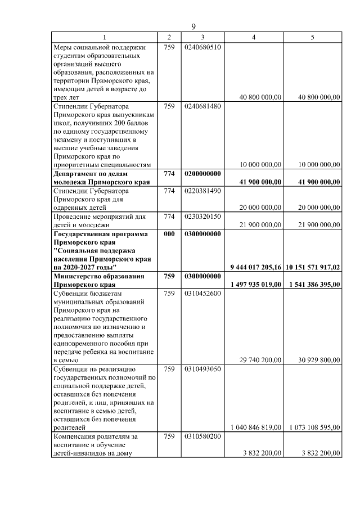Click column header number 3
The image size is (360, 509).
pyautogui.click(x=202, y=37)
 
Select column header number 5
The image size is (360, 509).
pyautogui.click(x=312, y=37)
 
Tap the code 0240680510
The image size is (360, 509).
pyautogui.click(x=202, y=47)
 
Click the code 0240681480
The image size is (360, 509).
pyautogui.click(x=202, y=106)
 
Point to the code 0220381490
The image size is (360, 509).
pyautogui.click(x=202, y=191)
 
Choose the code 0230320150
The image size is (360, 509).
pyautogui.click(x=202, y=216)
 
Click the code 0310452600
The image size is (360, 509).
pyautogui.click(x=202, y=292)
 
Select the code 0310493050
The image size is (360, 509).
pyautogui.click(x=202, y=368)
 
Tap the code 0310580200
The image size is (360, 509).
pyautogui.click(x=202, y=436)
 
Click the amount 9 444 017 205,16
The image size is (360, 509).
pyautogui.click(x=256, y=267)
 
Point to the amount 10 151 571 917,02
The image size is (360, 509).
pyautogui.click(x=313, y=267)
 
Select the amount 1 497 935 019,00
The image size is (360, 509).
pyautogui.click(x=256, y=284)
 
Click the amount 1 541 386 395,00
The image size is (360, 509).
pyautogui.click(x=313, y=284)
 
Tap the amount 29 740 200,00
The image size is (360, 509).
pyautogui.click(x=260, y=360)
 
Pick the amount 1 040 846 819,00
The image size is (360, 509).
pyautogui.click(x=256, y=427)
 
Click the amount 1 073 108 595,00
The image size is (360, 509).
pyautogui.click(x=313, y=427)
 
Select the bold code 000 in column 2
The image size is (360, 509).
pyautogui.click(x=169, y=233)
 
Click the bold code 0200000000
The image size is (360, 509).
pyautogui.click(x=202, y=174)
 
